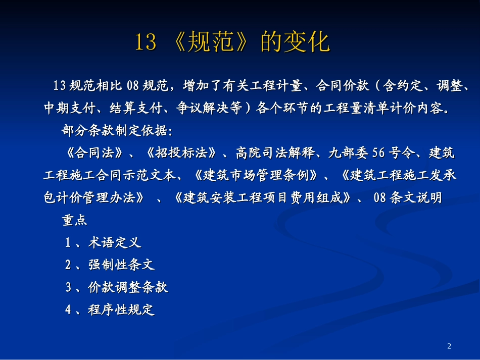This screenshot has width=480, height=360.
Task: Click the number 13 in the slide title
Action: (146, 42)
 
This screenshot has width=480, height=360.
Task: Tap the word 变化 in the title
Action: (311, 42)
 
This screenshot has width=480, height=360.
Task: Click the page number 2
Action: (450, 346)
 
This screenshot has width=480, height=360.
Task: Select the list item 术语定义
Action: (115, 243)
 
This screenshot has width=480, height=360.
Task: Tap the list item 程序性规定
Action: (121, 310)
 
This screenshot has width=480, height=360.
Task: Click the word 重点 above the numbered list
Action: (75, 221)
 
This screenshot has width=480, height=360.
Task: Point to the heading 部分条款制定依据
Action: (117, 131)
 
